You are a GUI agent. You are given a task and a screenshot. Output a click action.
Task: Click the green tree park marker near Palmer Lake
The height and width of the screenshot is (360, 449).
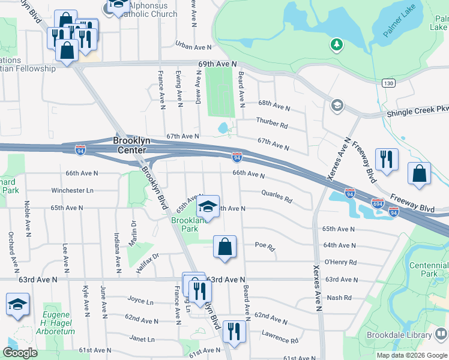click(337, 44)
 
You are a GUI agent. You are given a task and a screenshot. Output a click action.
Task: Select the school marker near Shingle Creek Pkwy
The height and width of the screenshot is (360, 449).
click(337, 106)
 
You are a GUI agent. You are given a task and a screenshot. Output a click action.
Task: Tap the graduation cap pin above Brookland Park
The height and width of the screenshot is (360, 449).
click(208, 207)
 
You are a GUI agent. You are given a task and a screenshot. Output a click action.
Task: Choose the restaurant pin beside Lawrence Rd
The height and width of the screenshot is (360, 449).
click(234, 332)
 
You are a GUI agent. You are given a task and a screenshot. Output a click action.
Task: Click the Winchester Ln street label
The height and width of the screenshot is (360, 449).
click(72, 191)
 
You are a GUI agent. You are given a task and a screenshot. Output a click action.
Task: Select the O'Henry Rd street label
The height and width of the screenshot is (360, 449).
click(340, 262)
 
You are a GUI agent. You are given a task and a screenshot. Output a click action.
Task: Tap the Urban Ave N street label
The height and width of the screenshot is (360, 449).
click(193, 46)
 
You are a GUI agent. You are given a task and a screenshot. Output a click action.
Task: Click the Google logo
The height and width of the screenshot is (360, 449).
click(20, 353)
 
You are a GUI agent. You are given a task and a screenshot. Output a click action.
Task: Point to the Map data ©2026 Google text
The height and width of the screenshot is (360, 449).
click(412, 355)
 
